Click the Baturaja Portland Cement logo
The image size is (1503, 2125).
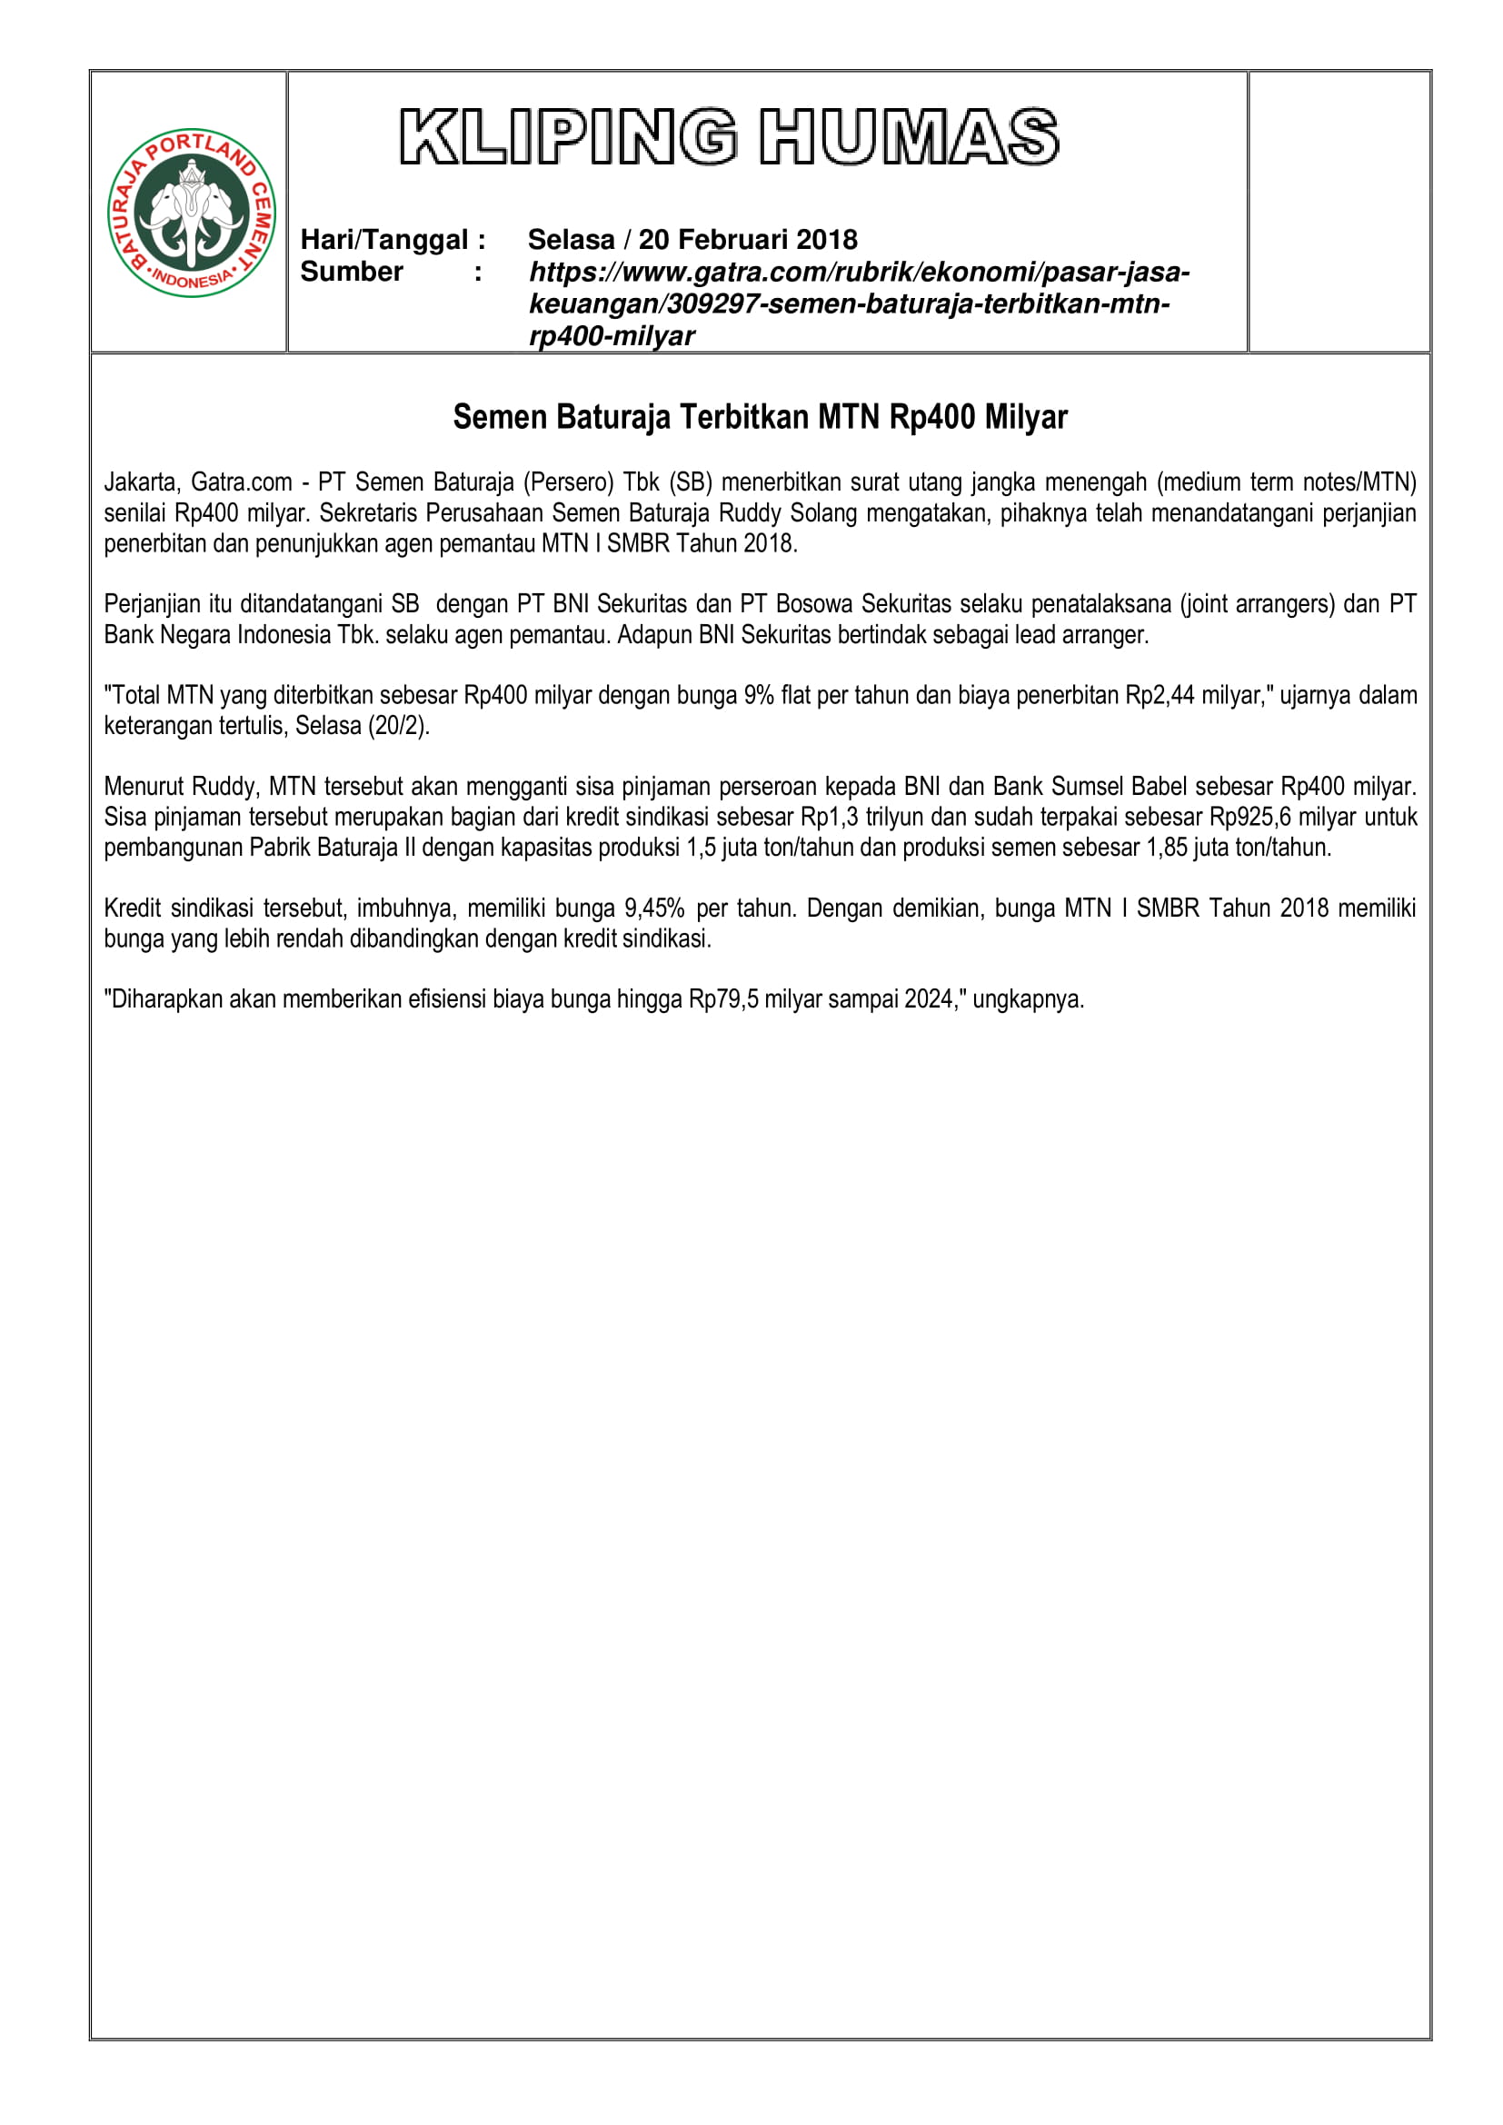192,212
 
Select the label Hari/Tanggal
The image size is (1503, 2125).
384,240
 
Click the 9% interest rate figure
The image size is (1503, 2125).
759,695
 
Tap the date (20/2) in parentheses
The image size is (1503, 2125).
400,726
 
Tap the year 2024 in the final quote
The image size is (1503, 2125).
929,999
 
